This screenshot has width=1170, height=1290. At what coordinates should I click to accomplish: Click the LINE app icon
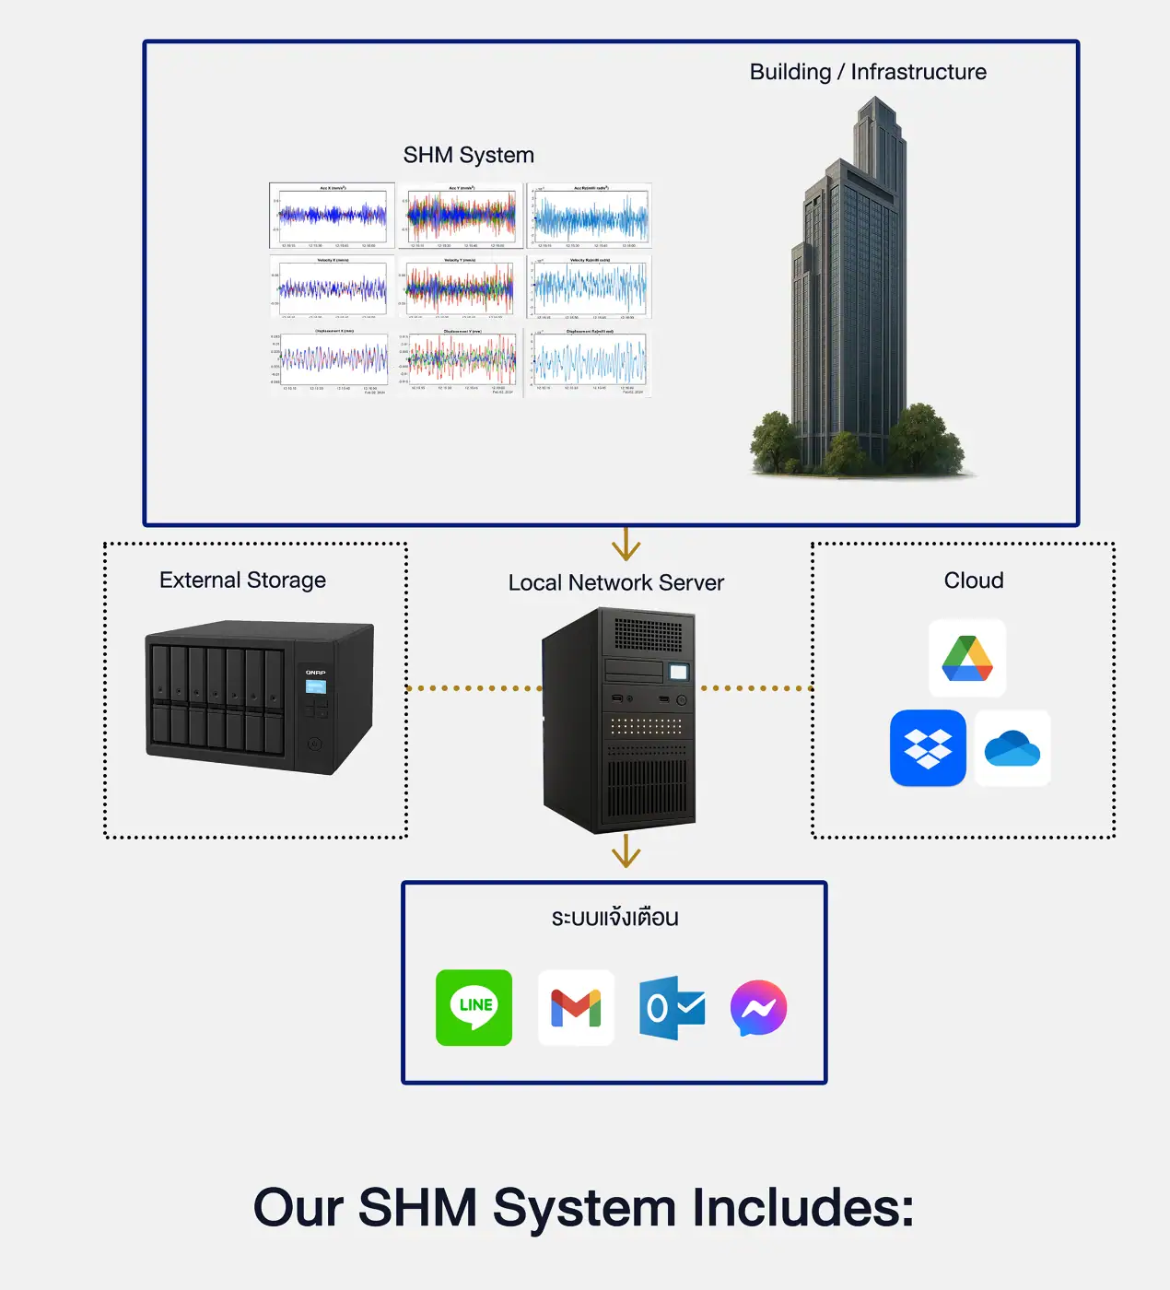pos(474,1007)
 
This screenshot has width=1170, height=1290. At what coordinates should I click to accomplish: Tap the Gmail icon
pos(576,1007)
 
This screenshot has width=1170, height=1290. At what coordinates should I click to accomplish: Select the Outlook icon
pos(673,1008)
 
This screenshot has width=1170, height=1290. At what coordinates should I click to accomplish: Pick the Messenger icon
pos(758,1007)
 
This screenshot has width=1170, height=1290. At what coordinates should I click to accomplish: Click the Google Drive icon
pos(966,658)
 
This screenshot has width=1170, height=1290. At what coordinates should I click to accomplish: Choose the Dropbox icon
pos(928,748)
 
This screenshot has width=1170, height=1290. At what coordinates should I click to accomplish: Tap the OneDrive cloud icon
pos(1012,748)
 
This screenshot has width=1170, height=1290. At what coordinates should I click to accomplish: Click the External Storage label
pos(242,580)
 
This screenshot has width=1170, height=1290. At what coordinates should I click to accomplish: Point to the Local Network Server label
pos(615,582)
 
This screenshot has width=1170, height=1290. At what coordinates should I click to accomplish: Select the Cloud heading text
pos(974,580)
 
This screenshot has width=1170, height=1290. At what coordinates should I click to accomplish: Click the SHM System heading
pos(468,155)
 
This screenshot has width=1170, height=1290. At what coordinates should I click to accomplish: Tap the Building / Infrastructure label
pos(868,72)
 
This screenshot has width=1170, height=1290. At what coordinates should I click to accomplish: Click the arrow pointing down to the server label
pos(626,545)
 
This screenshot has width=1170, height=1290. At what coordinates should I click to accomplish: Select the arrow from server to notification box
pos(626,850)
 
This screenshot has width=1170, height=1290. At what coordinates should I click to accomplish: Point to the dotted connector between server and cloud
pos(755,688)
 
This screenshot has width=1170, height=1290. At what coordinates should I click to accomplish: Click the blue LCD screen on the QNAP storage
pos(316,686)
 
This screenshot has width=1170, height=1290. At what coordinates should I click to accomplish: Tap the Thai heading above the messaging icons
pos(614,918)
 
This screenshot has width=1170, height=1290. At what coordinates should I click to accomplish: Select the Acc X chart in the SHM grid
pos(333,216)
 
